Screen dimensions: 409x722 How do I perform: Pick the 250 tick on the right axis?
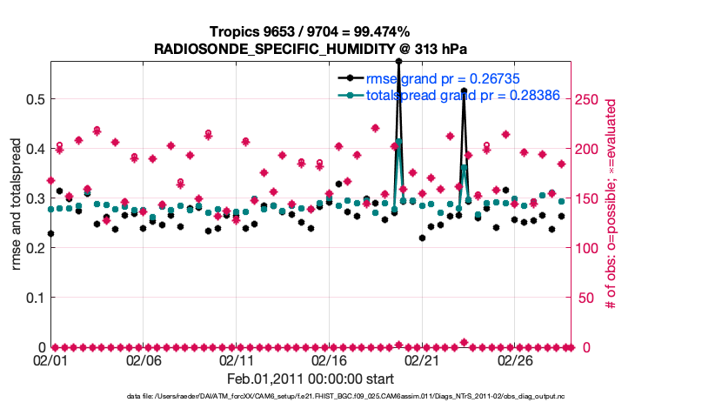pyautogui.click(x=588, y=99)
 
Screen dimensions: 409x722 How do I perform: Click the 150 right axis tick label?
pyautogui.click(x=588, y=198)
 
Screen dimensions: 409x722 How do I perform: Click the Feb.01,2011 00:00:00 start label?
pyautogui.click(x=310, y=379)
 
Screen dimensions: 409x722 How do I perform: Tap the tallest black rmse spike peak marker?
pyautogui.click(x=398, y=62)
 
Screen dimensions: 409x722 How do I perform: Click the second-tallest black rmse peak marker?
pyautogui.click(x=464, y=91)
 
